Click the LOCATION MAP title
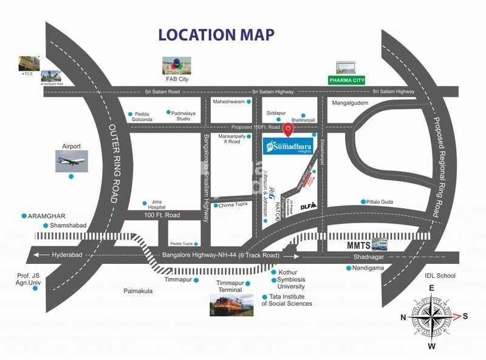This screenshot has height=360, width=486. (216, 35)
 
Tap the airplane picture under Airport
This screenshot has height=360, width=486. (71, 161)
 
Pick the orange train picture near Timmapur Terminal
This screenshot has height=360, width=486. (231, 304)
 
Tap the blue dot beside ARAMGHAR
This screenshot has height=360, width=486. (24, 216)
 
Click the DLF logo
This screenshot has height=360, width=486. (309, 206)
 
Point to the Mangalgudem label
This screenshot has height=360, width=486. (350, 103)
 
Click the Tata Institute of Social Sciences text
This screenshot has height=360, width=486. (286, 300)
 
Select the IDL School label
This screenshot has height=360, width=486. (440, 275)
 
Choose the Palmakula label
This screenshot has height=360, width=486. (138, 291)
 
